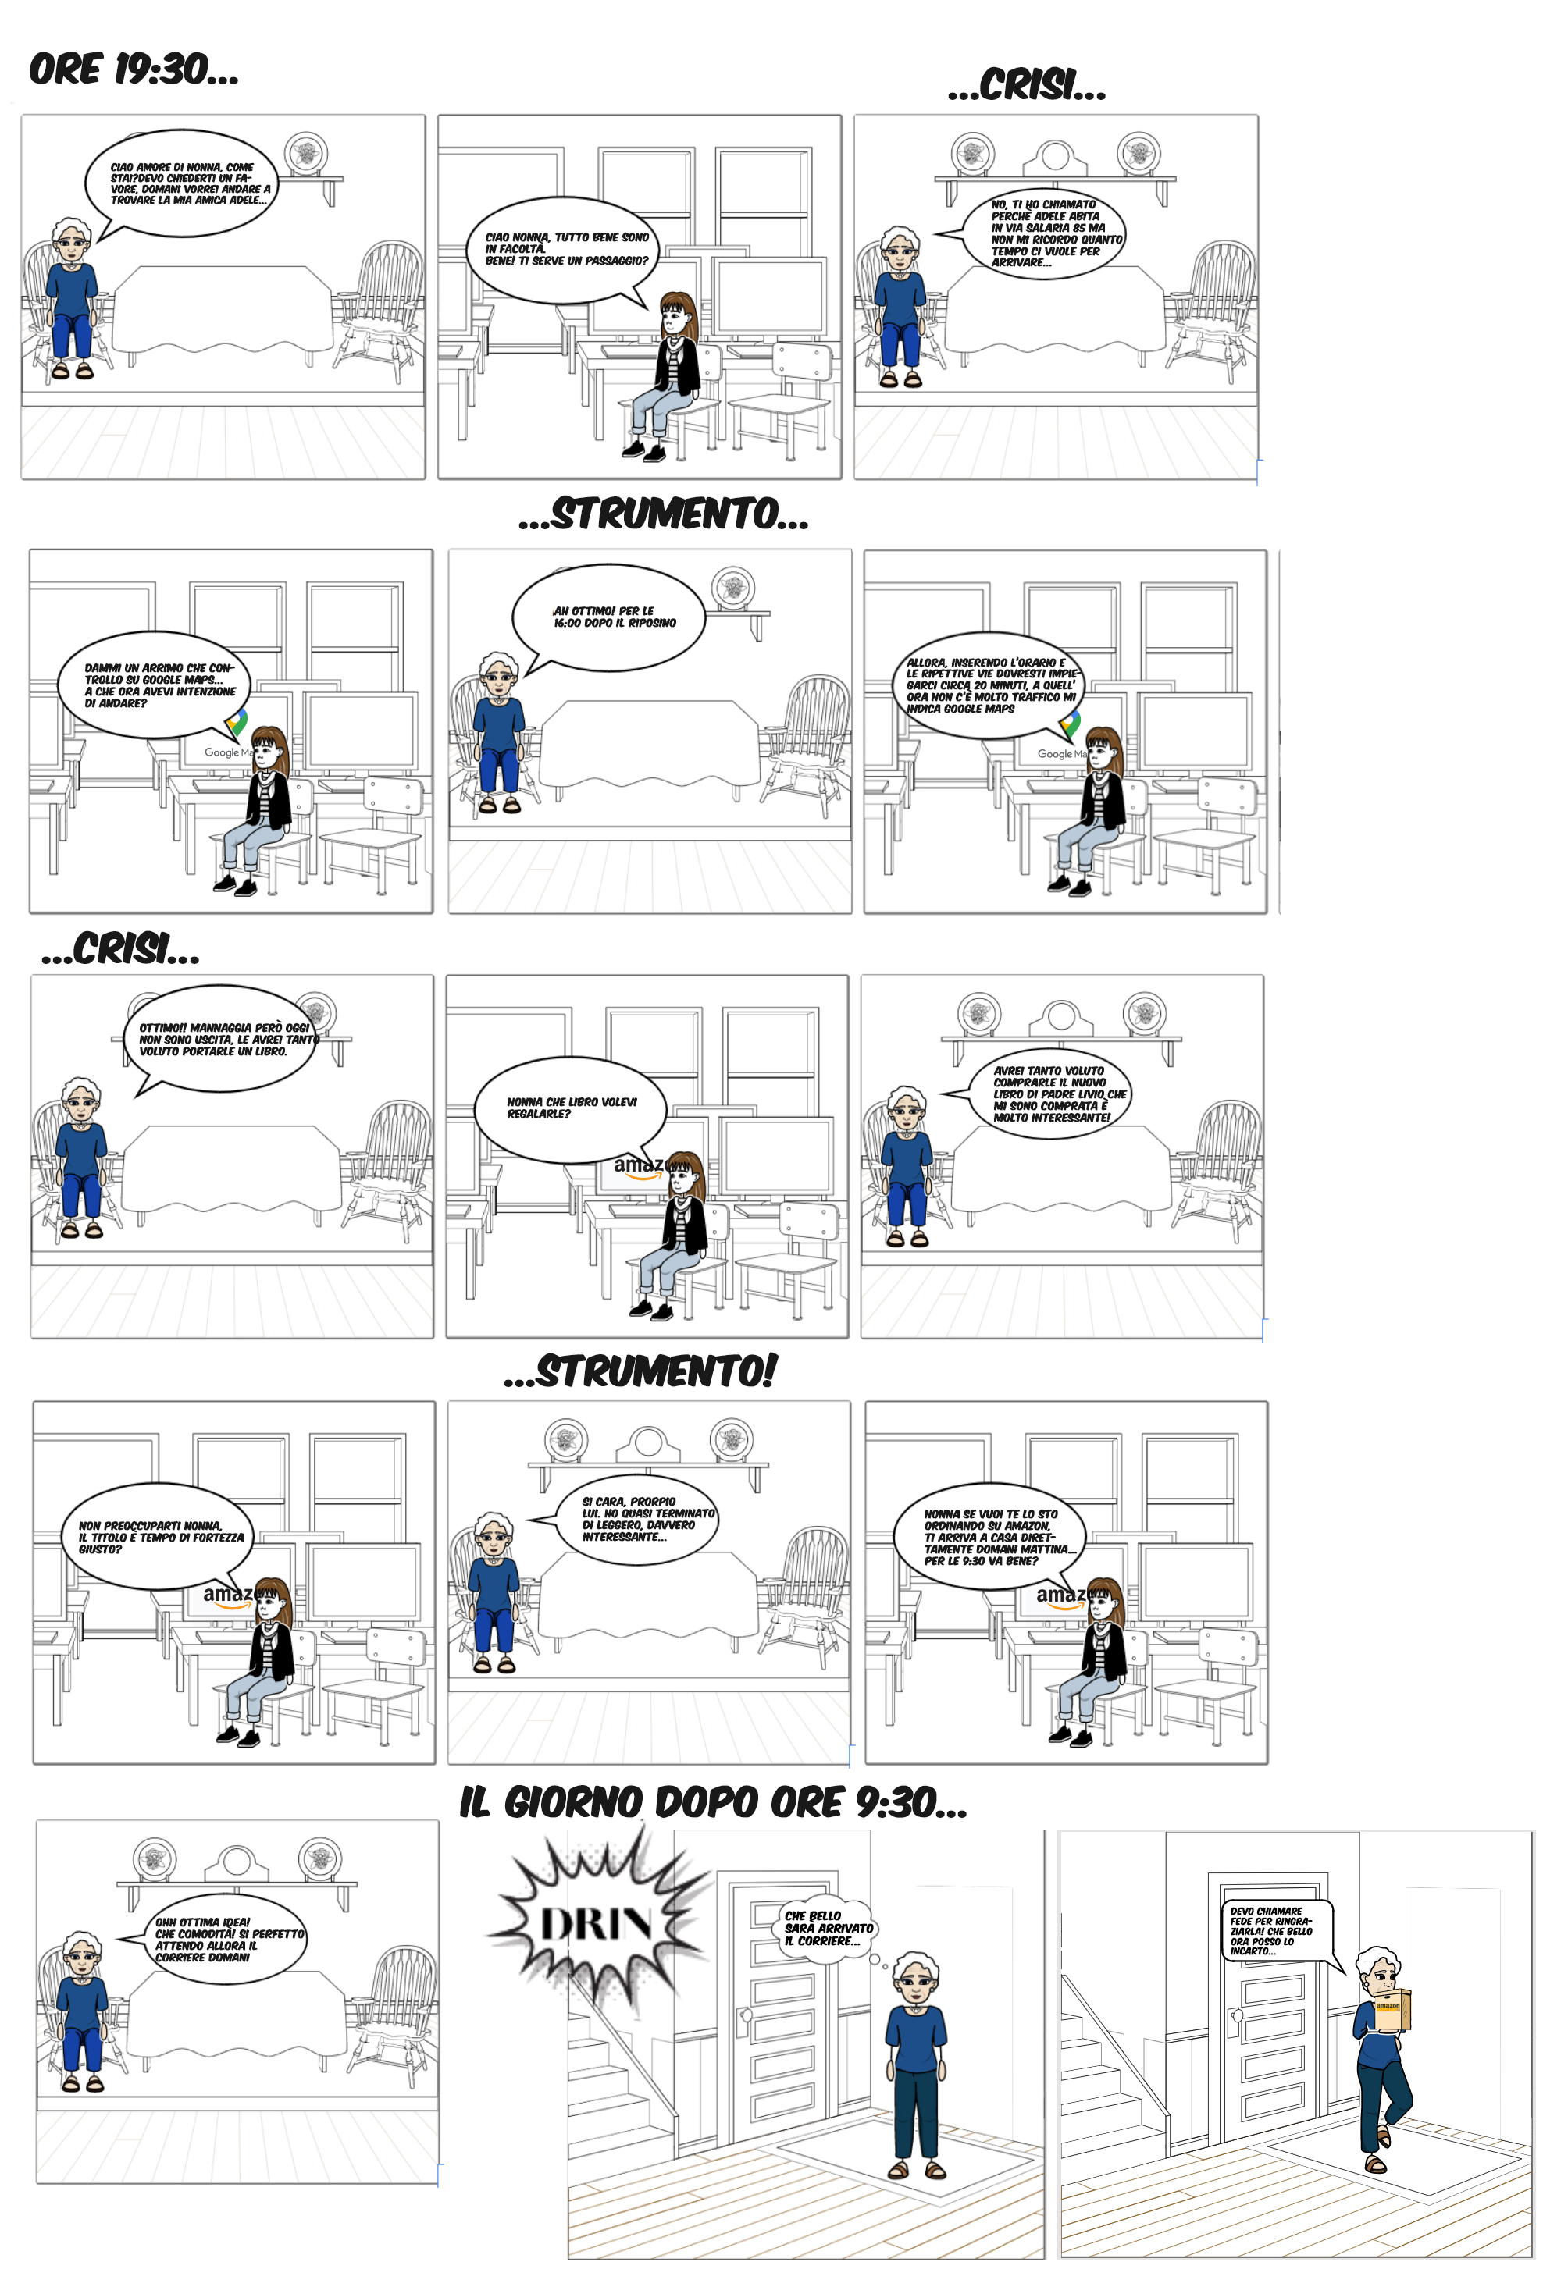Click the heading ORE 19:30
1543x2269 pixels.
[133, 69]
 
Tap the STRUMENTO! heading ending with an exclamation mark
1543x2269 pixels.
[640, 1371]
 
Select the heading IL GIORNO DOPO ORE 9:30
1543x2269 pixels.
[713, 1802]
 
